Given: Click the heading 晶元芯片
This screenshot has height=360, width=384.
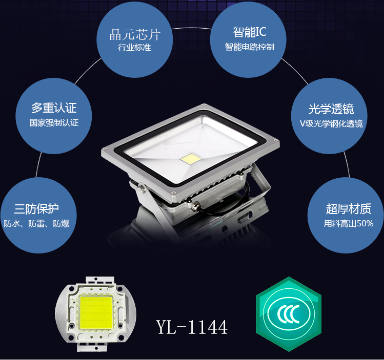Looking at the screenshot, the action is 135,34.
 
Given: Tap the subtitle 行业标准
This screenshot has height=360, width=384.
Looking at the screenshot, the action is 134,48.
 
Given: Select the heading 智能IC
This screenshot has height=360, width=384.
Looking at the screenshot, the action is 249,32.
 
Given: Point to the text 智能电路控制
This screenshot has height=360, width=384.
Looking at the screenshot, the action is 249,47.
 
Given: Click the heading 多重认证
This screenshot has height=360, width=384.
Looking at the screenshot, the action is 54,108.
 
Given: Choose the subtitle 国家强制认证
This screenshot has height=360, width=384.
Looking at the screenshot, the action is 54,122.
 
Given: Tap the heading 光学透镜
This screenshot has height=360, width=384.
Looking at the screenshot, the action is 331,109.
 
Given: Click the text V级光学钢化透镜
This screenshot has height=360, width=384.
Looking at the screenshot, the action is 331,123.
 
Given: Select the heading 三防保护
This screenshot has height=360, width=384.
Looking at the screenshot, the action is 36,208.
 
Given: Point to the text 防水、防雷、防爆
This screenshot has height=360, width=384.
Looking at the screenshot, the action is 36,224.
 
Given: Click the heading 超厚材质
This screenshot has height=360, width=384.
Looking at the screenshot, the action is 349,208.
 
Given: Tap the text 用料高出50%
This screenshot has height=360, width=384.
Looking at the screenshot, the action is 349,223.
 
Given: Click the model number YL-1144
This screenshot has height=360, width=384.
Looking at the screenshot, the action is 192,327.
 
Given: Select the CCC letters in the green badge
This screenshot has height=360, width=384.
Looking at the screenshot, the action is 288,314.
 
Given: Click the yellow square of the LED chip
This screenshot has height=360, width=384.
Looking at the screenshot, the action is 95,312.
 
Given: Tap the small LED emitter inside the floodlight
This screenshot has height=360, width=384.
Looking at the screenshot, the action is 190,158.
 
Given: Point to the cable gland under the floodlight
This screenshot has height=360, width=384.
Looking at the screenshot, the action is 195,206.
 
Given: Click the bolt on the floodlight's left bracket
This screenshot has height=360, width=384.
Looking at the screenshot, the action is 142,188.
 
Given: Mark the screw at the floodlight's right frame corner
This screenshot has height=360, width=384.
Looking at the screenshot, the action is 275,141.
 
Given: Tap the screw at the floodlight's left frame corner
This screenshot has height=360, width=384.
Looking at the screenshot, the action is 106,149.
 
